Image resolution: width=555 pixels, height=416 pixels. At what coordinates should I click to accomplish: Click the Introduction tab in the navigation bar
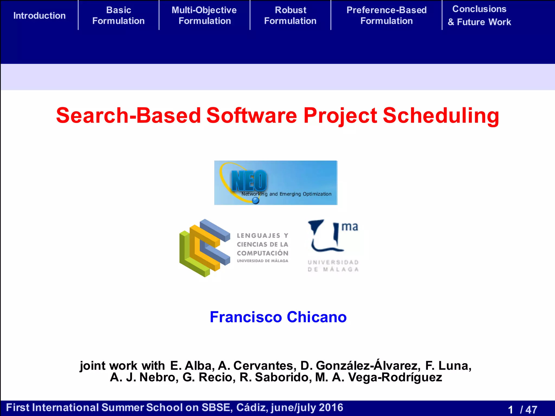click(x=40, y=16)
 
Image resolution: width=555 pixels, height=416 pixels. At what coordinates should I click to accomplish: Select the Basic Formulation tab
click(x=118, y=15)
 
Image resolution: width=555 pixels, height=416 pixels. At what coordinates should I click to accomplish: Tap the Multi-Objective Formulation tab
click(x=204, y=15)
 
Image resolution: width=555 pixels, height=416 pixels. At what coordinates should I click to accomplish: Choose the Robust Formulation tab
click(x=290, y=15)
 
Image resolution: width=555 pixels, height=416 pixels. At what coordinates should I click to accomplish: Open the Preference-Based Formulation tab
click(x=386, y=15)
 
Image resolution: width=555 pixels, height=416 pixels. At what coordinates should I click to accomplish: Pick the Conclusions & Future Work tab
click(x=479, y=15)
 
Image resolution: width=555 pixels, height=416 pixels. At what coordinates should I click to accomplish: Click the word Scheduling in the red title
click(x=441, y=116)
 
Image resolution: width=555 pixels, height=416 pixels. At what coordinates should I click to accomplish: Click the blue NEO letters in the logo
click(x=249, y=181)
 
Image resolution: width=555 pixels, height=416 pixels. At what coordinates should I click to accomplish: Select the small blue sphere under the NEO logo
click(x=256, y=201)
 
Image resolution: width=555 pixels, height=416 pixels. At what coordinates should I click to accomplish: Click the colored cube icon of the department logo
click(x=205, y=248)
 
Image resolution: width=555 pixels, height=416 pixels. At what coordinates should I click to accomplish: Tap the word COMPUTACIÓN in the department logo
click(x=262, y=253)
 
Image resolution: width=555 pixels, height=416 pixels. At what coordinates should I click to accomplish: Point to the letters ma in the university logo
click(x=350, y=227)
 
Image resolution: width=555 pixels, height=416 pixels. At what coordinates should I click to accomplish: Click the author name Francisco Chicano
click(x=278, y=317)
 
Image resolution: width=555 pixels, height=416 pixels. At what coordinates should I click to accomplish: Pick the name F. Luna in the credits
click(x=448, y=366)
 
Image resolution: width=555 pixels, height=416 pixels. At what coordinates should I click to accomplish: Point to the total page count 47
click(x=531, y=409)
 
